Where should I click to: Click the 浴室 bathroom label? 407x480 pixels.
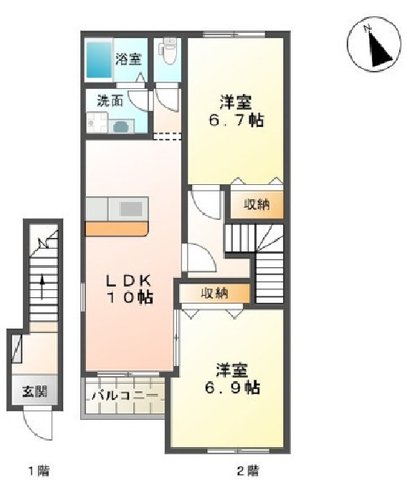pos(129,58)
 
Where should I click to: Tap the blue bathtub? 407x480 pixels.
pos(99,59)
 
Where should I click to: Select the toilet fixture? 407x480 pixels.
pos(170,51)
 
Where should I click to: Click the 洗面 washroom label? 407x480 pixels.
pos(110,101)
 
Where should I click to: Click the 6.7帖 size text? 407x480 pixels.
pos(236,120)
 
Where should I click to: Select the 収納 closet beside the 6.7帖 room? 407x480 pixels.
pos(256,205)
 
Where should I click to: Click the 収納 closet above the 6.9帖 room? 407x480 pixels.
pos(214,292)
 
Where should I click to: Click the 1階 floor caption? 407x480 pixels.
pos(39,471)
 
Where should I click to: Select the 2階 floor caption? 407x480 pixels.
pos(248,471)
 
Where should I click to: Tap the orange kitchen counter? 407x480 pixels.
pos(117,229)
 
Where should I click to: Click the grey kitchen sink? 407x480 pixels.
pos(131,208)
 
